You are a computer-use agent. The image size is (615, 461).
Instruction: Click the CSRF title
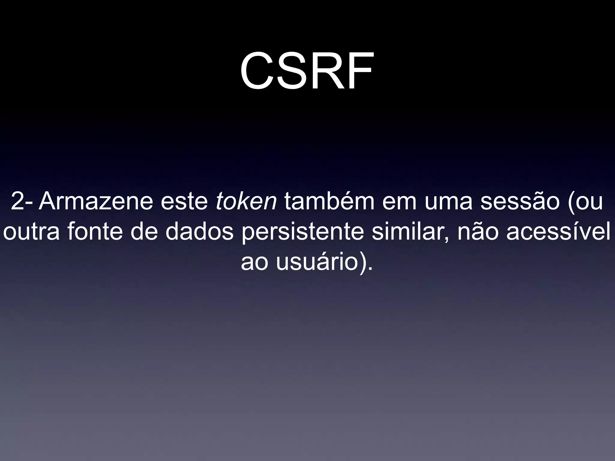coord(307,71)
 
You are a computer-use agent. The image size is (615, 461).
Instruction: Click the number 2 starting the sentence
coord(18,201)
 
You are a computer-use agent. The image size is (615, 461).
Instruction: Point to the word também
coord(329,201)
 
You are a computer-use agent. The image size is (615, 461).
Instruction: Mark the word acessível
coord(559,232)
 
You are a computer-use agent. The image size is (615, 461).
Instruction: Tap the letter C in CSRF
coord(258,71)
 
